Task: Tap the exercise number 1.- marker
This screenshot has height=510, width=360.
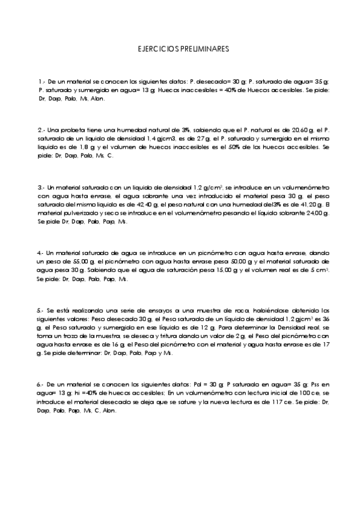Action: click(x=40, y=81)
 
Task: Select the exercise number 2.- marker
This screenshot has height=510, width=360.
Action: click(x=41, y=129)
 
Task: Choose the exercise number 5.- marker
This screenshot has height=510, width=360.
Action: click(x=40, y=310)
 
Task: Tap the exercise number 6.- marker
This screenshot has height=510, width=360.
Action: click(x=40, y=383)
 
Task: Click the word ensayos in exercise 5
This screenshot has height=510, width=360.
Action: click(x=136, y=310)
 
